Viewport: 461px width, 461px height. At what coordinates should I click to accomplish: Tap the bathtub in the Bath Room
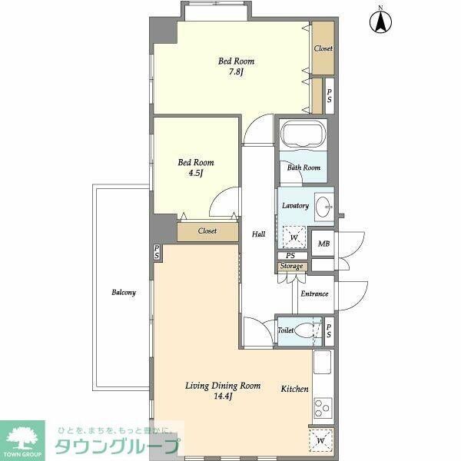point(303,134)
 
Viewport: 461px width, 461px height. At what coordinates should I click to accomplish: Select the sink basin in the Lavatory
point(323,207)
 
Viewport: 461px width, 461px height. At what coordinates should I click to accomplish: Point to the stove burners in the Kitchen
point(323,409)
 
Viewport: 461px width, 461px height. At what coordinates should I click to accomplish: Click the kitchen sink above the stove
point(322,362)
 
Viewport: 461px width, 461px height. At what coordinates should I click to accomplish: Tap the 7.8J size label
point(236,71)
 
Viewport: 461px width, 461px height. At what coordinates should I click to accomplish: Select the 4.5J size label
point(195,173)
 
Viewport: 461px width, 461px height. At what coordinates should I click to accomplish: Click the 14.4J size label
point(223,396)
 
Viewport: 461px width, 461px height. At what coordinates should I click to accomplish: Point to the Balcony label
point(124,292)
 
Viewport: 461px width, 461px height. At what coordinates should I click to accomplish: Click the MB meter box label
point(323,244)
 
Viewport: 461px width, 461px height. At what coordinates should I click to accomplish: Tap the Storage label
point(291,266)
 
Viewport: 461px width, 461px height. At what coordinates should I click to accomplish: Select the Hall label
point(259,234)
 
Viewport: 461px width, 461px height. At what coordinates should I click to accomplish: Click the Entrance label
point(314,294)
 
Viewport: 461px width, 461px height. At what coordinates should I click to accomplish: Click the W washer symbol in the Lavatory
point(294,237)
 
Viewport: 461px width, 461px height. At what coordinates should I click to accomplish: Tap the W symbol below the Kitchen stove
point(320,440)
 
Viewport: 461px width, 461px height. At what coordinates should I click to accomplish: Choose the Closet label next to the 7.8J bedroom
point(323,48)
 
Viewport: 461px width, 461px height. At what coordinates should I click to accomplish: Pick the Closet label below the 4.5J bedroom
point(207,231)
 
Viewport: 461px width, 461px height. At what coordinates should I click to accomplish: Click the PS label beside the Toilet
point(329,330)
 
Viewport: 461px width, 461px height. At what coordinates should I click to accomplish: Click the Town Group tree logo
point(22,439)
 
